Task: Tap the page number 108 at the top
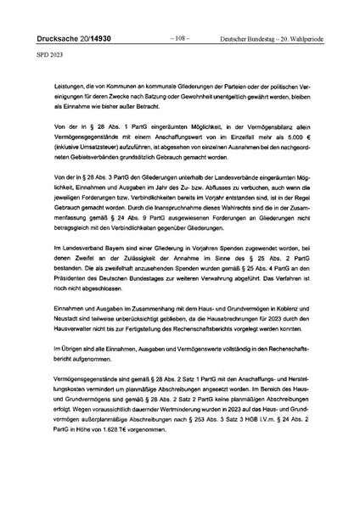coord(179,38)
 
